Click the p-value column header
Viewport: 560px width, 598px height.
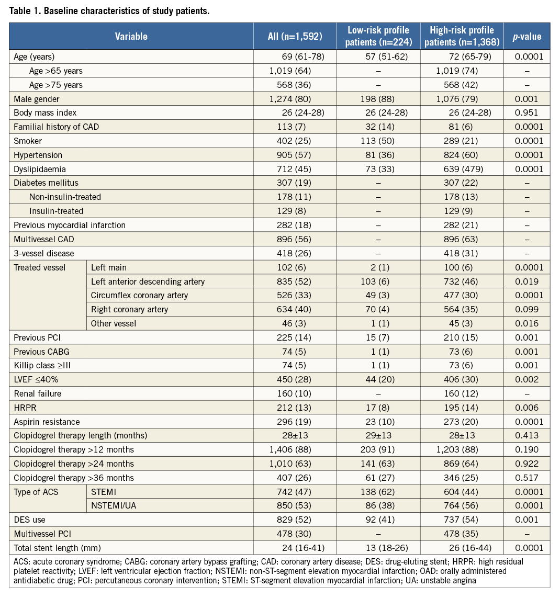pyautogui.click(x=527, y=36)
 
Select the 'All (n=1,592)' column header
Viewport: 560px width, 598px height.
pyautogui.click(x=295, y=36)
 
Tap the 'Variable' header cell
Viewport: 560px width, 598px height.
pyautogui.click(x=131, y=36)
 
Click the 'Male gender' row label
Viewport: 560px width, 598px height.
pyautogui.click(x=37, y=99)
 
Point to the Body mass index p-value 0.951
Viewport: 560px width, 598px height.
pyautogui.click(x=527, y=113)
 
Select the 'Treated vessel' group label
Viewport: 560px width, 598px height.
pyautogui.click(x=40, y=267)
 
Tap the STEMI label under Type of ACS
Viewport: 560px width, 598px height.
pyautogui.click(x=104, y=492)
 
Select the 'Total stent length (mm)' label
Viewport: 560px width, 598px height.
pyautogui.click(x=57, y=548)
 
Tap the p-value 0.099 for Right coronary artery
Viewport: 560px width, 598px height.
pyautogui.click(x=527, y=309)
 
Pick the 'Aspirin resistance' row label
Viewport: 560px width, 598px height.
pyautogui.click(x=47, y=422)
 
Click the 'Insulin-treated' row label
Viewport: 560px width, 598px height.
pyautogui.click(x=56, y=211)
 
